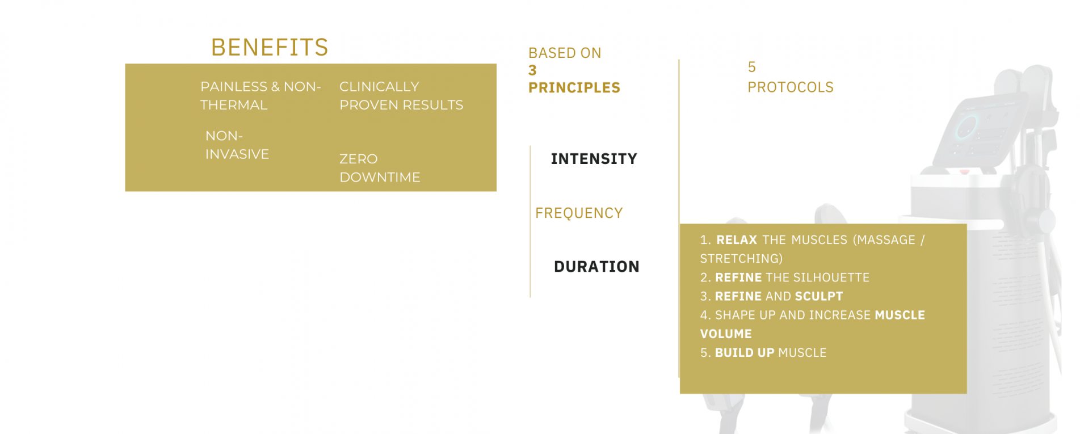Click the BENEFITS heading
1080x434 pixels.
[270, 47]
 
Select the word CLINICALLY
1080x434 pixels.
[379, 87]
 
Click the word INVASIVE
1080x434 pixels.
[237, 154]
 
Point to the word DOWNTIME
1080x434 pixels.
[380, 177]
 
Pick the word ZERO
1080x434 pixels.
[358, 159]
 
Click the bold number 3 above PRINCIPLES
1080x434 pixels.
[532, 70]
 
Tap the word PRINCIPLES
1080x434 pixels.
[574, 88]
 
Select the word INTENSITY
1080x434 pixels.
[594, 159]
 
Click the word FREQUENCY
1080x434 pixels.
[579, 213]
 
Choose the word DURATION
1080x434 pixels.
[596, 267]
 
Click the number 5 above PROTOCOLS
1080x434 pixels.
[752, 67]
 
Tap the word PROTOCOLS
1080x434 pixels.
[791, 87]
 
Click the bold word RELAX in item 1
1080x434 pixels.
[737, 240]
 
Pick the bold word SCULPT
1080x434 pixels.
[819, 296]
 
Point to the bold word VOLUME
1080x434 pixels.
[726, 334]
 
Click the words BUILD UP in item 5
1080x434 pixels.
[745, 353]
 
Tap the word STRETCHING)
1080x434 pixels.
[741, 259]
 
